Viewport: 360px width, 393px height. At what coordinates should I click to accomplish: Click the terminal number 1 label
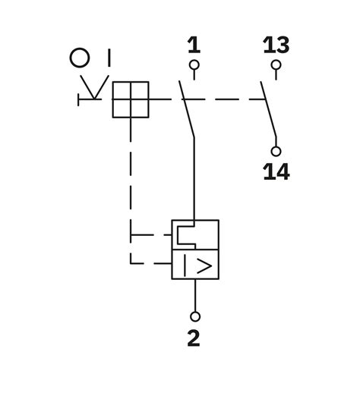click(x=194, y=46)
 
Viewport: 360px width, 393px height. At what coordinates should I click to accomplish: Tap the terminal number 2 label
click(x=194, y=338)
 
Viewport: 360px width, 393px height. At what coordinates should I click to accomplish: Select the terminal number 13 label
click(x=276, y=46)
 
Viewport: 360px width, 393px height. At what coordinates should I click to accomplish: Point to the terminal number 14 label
click(x=276, y=172)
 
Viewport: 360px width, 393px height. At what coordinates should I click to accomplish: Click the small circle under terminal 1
click(x=194, y=65)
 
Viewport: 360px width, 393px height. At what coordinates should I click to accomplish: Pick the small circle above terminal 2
click(x=195, y=316)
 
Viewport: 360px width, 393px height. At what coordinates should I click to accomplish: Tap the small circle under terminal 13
click(x=276, y=65)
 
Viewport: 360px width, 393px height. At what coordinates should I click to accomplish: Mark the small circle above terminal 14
click(x=276, y=151)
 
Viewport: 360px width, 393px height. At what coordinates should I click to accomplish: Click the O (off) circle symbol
click(x=80, y=58)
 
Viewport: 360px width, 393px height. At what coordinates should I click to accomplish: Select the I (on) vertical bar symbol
click(x=109, y=58)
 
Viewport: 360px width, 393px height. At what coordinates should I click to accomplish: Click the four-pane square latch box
click(x=130, y=99)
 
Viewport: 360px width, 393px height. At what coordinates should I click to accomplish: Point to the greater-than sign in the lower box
click(x=205, y=266)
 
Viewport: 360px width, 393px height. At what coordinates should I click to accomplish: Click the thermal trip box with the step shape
click(x=195, y=234)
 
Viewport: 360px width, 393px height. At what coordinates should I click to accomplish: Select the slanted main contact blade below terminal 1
click(x=187, y=110)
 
